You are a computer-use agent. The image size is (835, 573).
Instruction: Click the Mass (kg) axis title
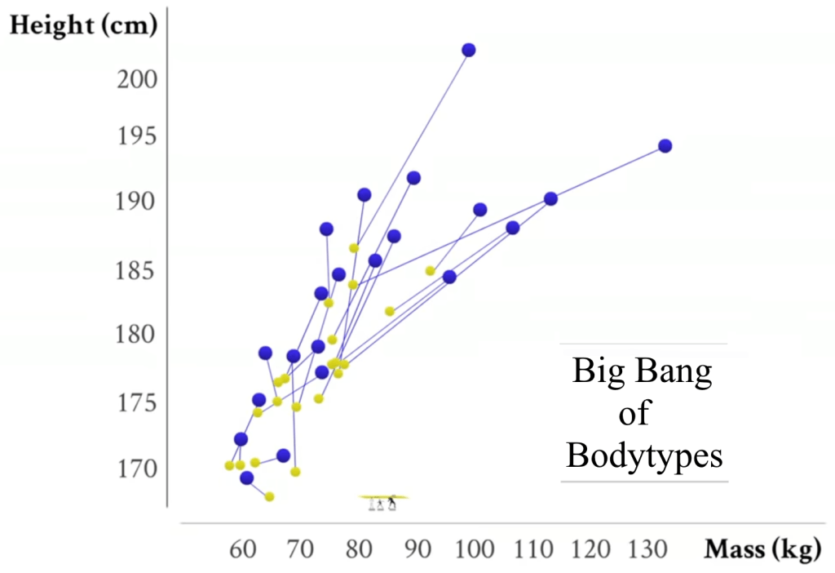click(762, 549)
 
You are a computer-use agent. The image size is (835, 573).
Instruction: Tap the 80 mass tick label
click(359, 549)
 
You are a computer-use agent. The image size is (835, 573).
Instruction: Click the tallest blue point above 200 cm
click(469, 50)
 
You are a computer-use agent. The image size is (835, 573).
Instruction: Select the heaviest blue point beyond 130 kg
click(665, 146)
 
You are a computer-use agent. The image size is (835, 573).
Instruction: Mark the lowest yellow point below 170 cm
click(269, 496)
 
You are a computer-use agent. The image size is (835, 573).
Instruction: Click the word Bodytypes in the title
click(644, 455)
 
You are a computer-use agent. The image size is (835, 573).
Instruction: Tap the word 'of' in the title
click(634, 413)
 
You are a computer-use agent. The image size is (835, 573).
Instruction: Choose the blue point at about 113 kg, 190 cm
click(550, 198)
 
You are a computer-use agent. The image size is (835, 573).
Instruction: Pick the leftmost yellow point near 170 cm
click(229, 465)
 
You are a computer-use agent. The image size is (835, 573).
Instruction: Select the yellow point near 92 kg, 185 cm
click(430, 270)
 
